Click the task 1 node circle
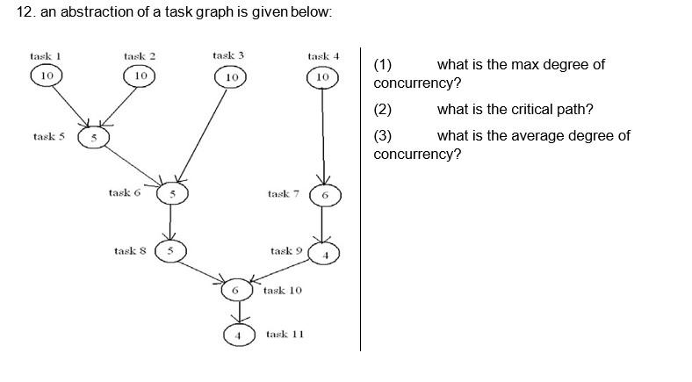pyautogui.click(x=47, y=76)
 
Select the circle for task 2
pyautogui.click(x=140, y=76)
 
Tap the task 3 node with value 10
pyautogui.click(x=230, y=77)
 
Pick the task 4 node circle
pyautogui.click(x=322, y=77)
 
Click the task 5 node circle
pyautogui.click(x=92, y=138)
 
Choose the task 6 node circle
pyautogui.click(x=172, y=193)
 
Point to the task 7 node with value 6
pyautogui.click(x=324, y=195)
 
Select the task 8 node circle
pyautogui.click(x=170, y=251)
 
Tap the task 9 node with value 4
pyautogui.click(x=324, y=254)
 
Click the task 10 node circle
pyautogui.click(x=235, y=290)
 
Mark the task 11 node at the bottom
pyautogui.click(x=235, y=335)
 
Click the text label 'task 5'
pyautogui.click(x=48, y=137)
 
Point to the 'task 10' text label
pyautogui.click(x=282, y=290)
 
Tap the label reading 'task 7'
pyautogui.click(x=284, y=194)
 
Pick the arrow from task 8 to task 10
pyautogui.click(x=203, y=270)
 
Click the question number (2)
pyautogui.click(x=382, y=110)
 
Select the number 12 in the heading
pyautogui.click(x=24, y=12)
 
